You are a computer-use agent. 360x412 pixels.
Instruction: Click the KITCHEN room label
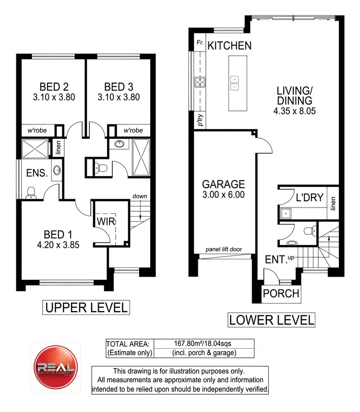tap(229, 46)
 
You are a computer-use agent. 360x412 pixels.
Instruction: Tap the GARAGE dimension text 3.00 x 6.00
tap(223, 195)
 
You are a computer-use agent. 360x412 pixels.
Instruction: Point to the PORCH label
tap(281, 293)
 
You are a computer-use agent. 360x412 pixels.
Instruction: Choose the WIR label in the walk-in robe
tap(105, 222)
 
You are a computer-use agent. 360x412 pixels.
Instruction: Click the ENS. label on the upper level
tap(36, 173)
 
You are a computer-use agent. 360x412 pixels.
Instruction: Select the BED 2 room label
tap(54, 87)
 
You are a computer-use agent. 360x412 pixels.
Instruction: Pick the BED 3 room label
tap(119, 87)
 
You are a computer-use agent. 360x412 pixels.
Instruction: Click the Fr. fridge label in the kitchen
tap(200, 44)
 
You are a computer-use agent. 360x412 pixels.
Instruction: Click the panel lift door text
tap(224, 250)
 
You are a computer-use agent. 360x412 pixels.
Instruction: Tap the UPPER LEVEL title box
tap(86, 307)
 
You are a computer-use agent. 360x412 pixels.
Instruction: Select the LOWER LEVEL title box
tap(271, 320)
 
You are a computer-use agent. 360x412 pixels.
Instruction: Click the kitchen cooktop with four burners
tap(200, 82)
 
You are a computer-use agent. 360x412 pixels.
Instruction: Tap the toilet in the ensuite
tap(31, 192)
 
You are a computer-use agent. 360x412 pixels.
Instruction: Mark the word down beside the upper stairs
tap(140, 196)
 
